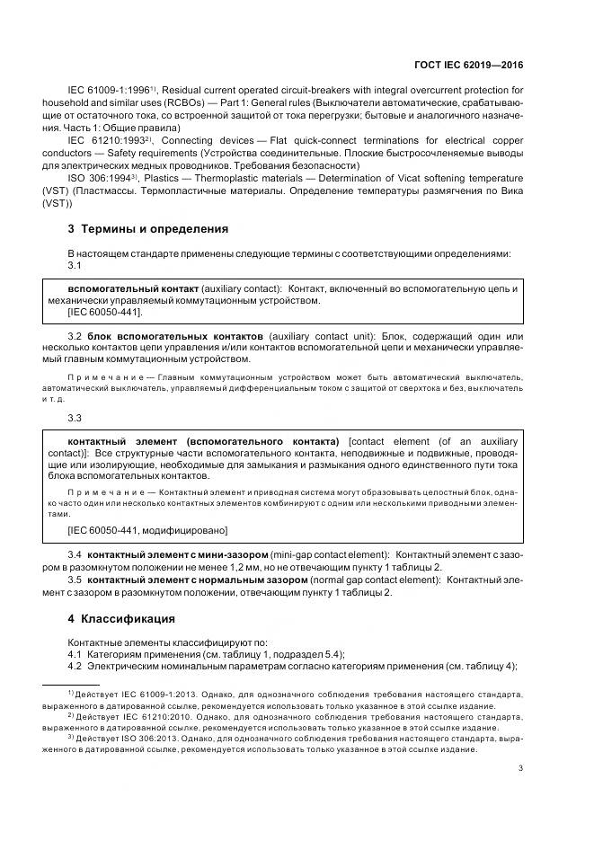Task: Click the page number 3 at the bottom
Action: point(520,767)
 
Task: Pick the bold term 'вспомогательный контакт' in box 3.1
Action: point(133,288)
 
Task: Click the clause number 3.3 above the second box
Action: point(75,419)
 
